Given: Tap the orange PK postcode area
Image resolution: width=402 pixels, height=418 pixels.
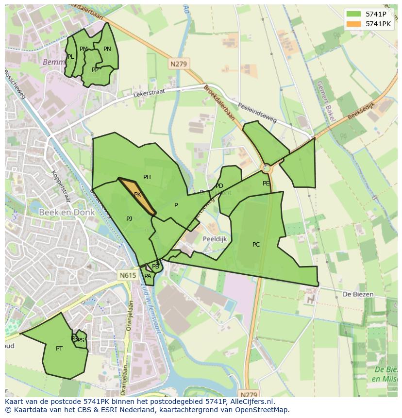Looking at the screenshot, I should pyautogui.click(x=137, y=195).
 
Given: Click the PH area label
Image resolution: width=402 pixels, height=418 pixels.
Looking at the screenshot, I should pyautogui.click(x=147, y=177).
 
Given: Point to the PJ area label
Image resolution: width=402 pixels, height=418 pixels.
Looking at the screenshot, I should pyautogui.click(x=129, y=219).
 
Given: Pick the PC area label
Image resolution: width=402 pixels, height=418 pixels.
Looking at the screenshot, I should pyautogui.click(x=256, y=245).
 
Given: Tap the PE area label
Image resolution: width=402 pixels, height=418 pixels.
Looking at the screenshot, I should pyautogui.click(x=266, y=184).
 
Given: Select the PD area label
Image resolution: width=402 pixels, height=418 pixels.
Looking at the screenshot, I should pyautogui.click(x=219, y=186).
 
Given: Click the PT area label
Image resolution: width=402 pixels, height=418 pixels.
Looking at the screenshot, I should pyautogui.click(x=59, y=349).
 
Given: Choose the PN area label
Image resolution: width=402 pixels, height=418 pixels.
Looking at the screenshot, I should pyautogui.click(x=107, y=49).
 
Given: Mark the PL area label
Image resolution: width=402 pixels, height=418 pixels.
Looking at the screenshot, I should pyautogui.click(x=71, y=57).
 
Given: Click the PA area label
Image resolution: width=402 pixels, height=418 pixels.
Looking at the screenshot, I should pyautogui.click(x=148, y=276).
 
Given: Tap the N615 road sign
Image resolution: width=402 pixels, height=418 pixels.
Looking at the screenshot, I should pyautogui.click(x=128, y=275).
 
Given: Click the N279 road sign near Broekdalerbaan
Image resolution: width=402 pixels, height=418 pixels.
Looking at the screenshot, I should pyautogui.click(x=179, y=64).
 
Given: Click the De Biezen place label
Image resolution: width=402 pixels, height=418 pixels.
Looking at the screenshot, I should pyautogui.click(x=358, y=294).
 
